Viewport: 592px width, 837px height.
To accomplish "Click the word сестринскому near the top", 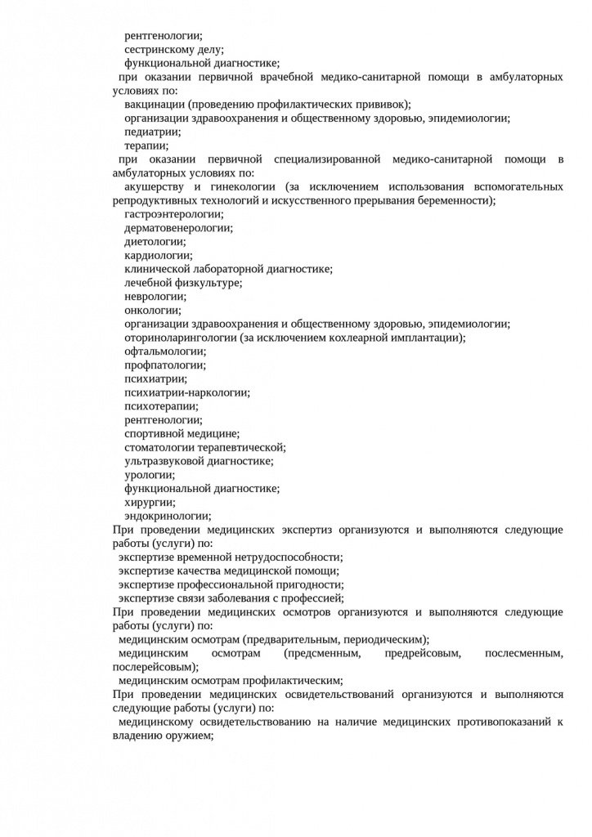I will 160,49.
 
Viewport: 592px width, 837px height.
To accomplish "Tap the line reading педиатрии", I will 152,132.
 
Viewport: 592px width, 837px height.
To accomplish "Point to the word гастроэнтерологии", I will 173,214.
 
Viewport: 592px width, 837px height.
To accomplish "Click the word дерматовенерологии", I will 177,228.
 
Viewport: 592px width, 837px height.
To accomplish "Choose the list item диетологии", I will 155,242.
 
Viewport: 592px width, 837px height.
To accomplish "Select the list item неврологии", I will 155,297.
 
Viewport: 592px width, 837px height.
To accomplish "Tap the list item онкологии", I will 153,310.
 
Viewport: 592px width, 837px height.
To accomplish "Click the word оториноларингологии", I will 181,338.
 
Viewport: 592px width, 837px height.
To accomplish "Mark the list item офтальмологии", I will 164,351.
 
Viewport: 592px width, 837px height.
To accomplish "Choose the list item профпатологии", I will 164,365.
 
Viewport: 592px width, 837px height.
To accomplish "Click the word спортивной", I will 153,434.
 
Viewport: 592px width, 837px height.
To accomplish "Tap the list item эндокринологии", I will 167,516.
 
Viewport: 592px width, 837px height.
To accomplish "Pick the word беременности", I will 460,200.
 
